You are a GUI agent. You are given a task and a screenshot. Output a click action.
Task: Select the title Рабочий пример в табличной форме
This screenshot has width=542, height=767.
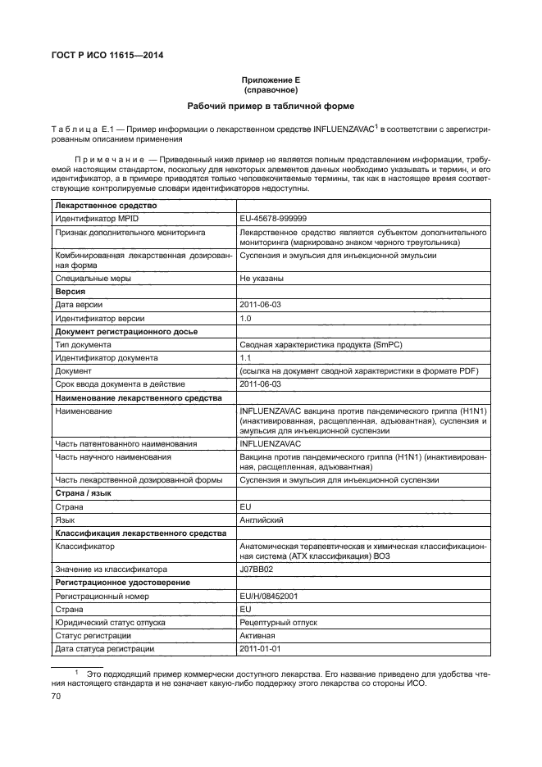click(x=271, y=107)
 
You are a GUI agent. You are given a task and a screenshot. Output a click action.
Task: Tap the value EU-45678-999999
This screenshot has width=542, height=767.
click(x=273, y=220)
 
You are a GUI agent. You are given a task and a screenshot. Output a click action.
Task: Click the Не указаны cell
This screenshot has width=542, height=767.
click(x=262, y=279)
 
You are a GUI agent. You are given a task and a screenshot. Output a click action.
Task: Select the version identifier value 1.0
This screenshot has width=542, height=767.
click(x=245, y=317)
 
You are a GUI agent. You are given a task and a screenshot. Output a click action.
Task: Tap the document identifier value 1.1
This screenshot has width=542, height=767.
click(x=244, y=358)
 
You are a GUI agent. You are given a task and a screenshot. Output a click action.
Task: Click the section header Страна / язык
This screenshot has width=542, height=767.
click(x=83, y=494)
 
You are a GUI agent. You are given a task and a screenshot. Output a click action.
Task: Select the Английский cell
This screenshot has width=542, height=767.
click(x=262, y=520)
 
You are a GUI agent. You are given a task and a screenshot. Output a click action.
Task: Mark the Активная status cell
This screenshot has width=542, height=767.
click(x=257, y=635)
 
